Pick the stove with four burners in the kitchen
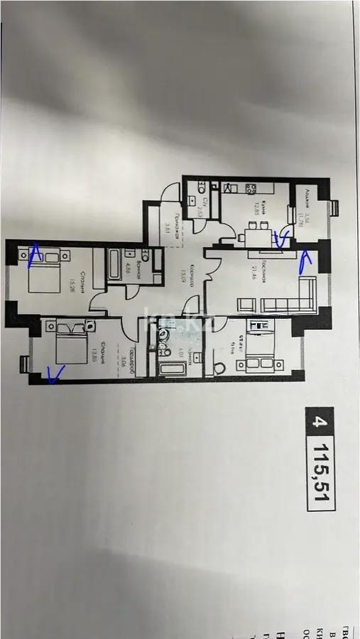click(x=251, y=188)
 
